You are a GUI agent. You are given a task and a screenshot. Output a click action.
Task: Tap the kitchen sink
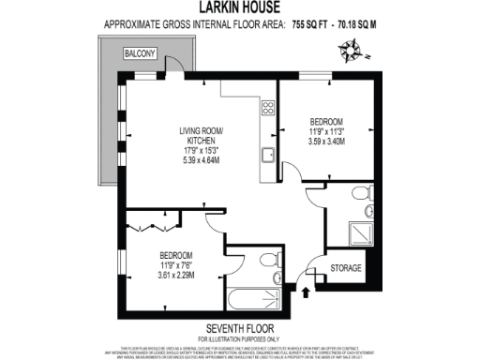point(267,154)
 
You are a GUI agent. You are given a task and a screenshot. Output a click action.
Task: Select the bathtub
point(253,300)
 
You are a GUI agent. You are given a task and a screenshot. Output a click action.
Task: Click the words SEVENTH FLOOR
point(239,327)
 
